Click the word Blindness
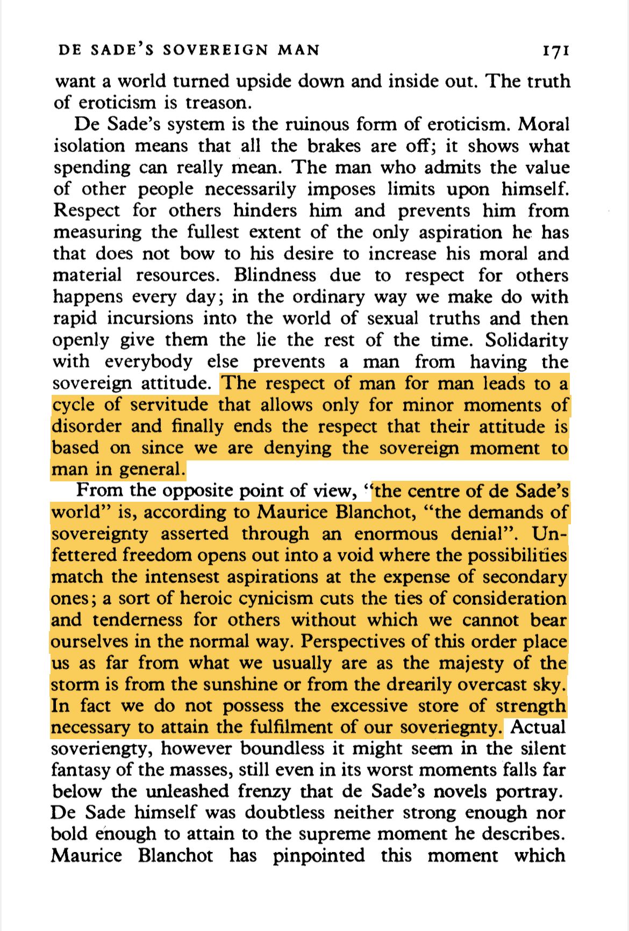tap(275, 275)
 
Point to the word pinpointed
tap(318, 855)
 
